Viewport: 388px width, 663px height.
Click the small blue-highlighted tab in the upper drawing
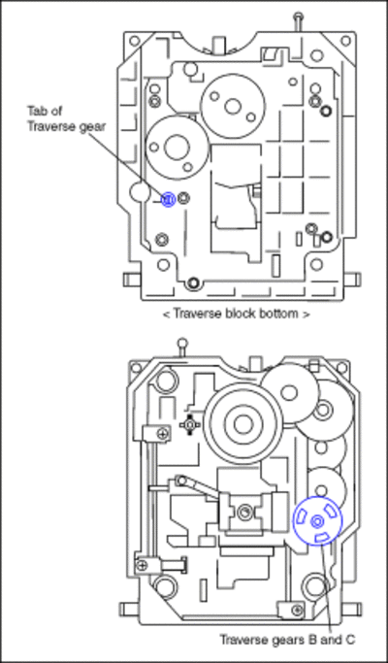(x=168, y=199)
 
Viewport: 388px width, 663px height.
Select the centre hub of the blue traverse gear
(x=316, y=522)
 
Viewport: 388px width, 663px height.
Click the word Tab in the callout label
(x=38, y=111)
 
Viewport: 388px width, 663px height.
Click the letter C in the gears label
(x=350, y=640)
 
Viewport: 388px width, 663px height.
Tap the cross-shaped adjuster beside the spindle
(x=190, y=424)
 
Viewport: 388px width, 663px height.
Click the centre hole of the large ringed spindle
(x=243, y=425)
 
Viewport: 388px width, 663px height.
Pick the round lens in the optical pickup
(x=243, y=513)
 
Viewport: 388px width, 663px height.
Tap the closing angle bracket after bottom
(x=306, y=315)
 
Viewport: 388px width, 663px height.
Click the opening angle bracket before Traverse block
(x=167, y=315)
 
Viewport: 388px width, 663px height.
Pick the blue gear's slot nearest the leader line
(x=322, y=537)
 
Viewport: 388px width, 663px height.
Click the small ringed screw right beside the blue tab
(x=183, y=197)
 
